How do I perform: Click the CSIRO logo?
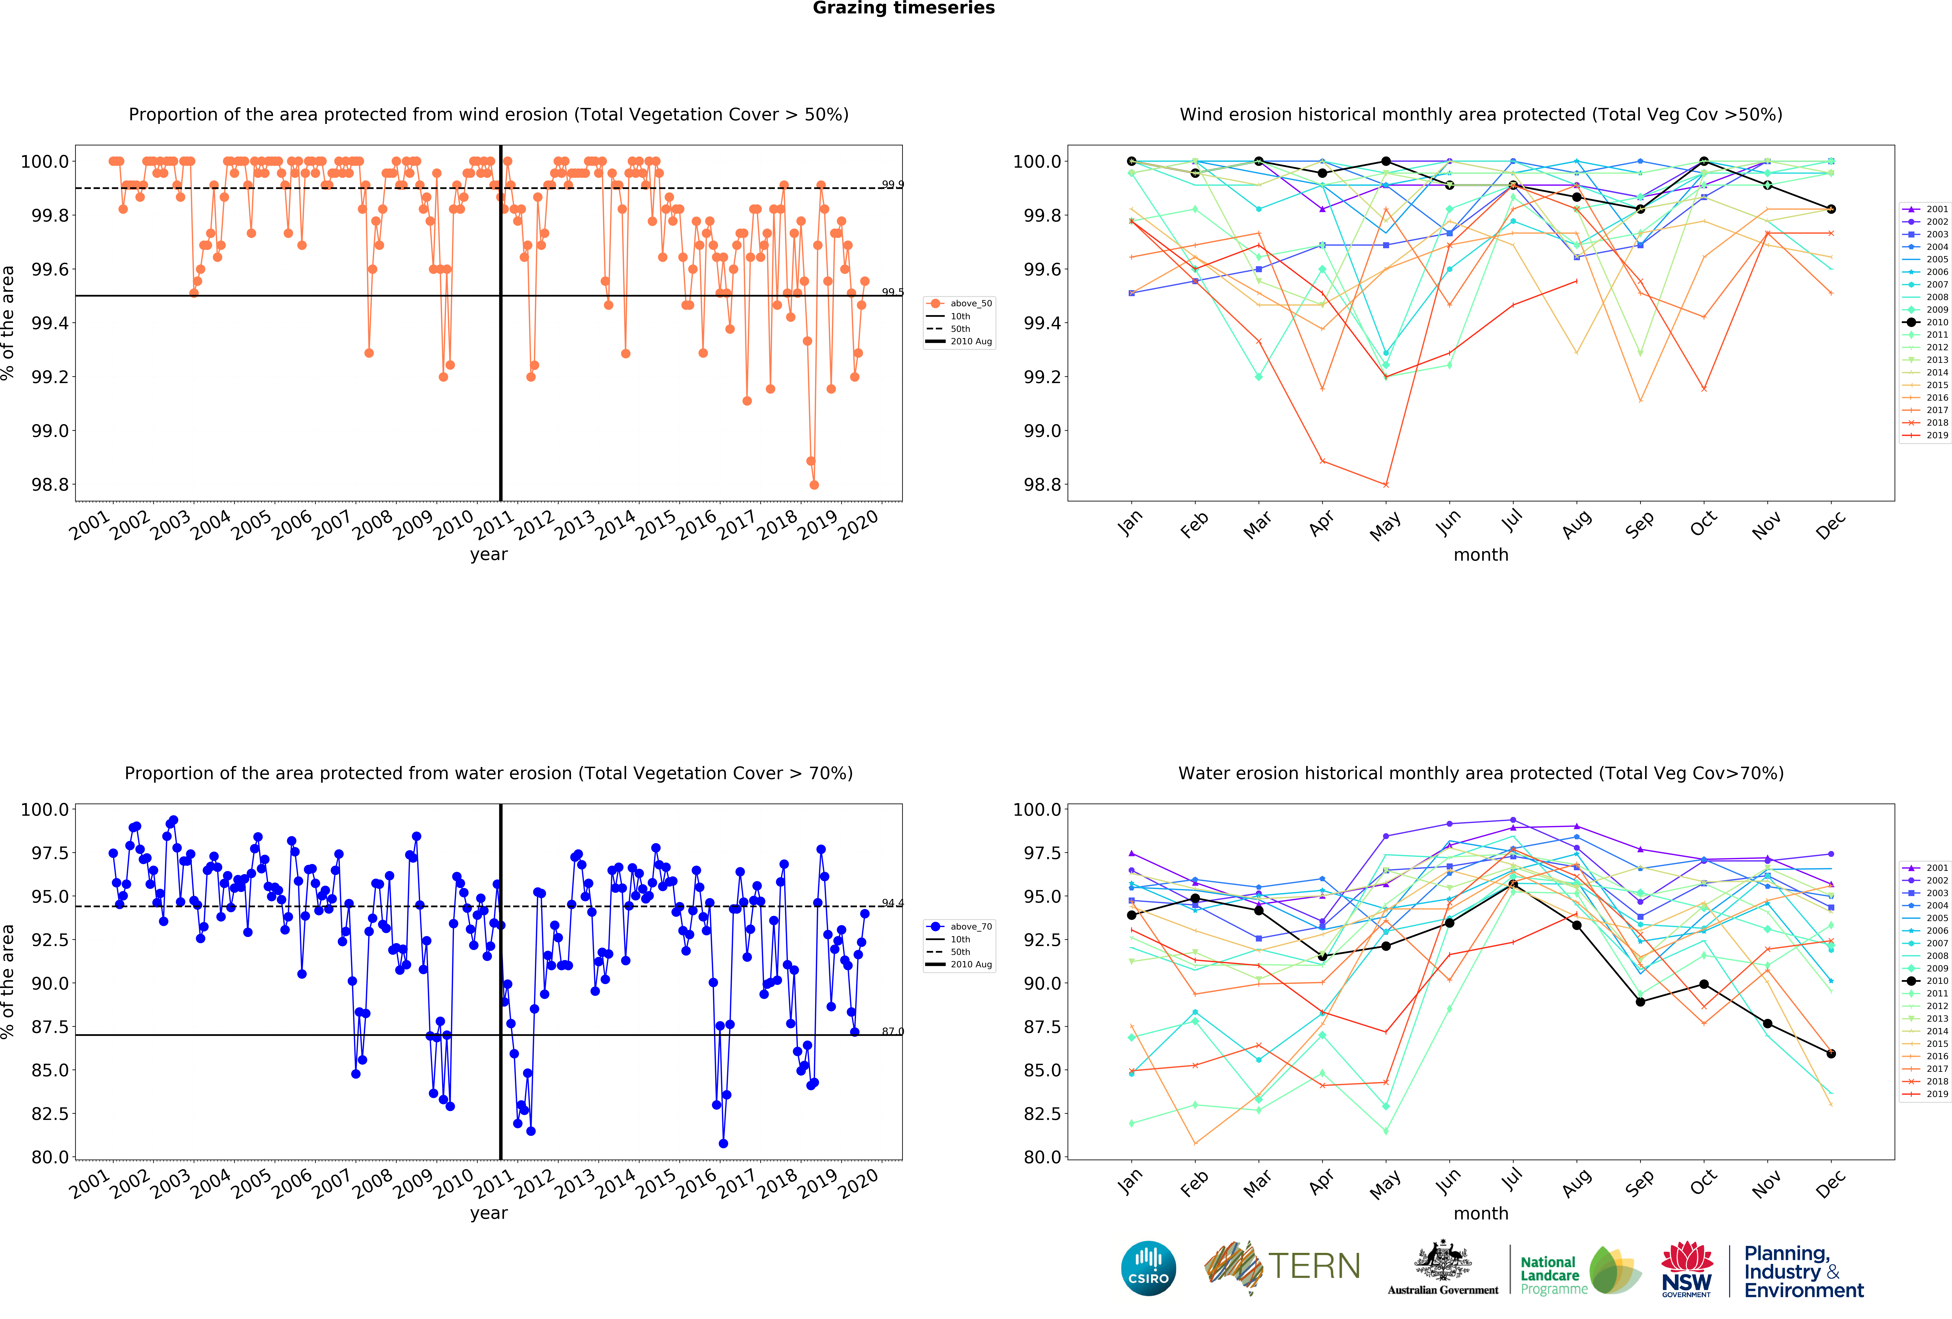(1148, 1268)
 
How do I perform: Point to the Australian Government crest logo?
(1442, 1267)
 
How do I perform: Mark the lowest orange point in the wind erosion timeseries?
(814, 485)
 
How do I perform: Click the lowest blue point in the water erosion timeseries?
(723, 1143)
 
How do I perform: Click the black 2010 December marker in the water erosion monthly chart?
(1831, 1053)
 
